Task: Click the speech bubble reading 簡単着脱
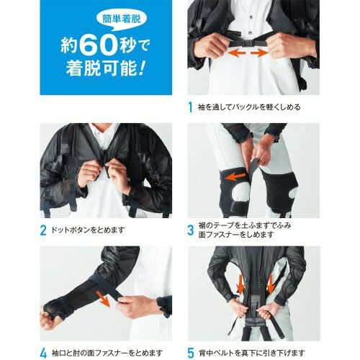click(x=122, y=20)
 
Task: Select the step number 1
click(x=191, y=107)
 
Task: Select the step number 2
click(x=43, y=230)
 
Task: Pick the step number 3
click(x=191, y=230)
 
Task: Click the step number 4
click(x=43, y=354)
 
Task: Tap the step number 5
click(x=190, y=354)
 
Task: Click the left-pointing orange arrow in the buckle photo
click(x=236, y=53)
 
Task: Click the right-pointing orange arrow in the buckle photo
click(x=259, y=53)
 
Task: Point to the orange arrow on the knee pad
click(x=235, y=177)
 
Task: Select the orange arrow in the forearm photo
click(x=104, y=299)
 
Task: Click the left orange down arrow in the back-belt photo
click(x=240, y=285)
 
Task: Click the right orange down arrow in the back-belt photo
click(x=271, y=284)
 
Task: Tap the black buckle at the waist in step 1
click(x=248, y=44)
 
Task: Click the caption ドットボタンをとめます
click(x=88, y=230)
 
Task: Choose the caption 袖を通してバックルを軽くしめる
click(x=249, y=107)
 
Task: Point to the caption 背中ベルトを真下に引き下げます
click(x=252, y=354)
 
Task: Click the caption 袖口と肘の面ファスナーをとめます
click(x=107, y=354)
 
